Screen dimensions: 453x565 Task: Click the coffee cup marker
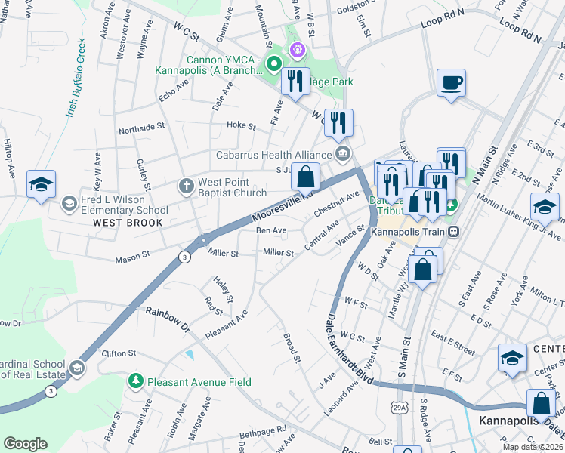click(452, 82)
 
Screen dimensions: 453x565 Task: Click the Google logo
click(25, 444)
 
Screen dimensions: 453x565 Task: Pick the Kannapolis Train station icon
click(454, 232)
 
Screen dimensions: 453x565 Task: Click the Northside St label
click(140, 128)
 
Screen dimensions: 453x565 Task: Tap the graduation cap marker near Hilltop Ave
click(41, 183)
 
